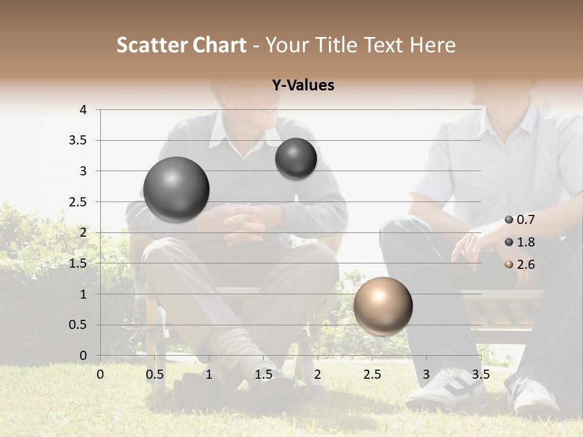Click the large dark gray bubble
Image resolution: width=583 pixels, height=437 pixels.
177,189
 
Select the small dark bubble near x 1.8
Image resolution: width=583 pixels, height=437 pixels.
296,158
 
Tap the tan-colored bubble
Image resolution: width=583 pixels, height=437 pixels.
383,306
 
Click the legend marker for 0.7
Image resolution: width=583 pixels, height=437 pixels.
509,220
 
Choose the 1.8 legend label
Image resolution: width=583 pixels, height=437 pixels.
525,242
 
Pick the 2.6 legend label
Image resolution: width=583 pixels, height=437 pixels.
525,265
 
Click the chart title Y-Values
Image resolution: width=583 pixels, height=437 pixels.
303,86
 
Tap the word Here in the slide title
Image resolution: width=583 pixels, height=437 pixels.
432,45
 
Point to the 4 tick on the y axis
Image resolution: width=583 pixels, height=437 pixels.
83,110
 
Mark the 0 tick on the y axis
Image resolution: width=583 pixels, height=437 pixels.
83,356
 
